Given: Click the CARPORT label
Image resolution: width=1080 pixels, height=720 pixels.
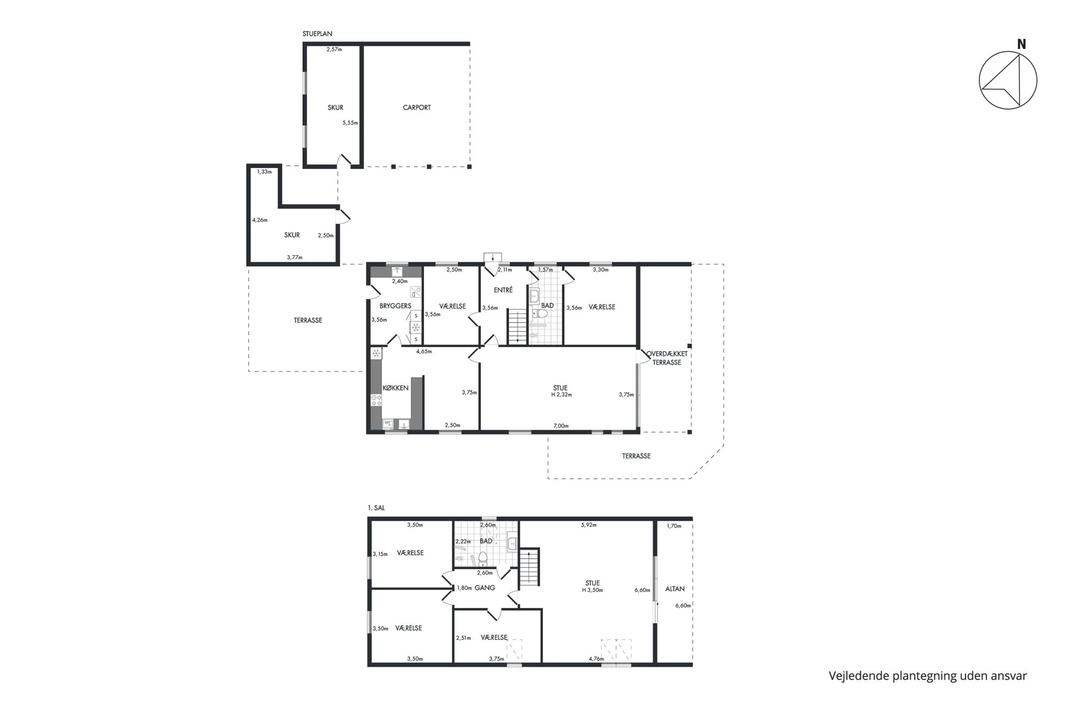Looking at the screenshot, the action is [x=416, y=108].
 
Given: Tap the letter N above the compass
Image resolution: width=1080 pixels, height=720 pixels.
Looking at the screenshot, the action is [x=1021, y=45].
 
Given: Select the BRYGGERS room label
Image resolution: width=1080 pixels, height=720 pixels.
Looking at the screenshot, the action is [x=395, y=306].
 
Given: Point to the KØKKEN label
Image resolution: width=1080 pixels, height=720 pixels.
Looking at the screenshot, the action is [x=395, y=388].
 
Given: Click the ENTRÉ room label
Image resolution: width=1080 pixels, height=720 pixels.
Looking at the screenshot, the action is [x=504, y=290].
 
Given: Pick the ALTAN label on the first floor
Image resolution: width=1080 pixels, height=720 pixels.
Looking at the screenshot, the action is [x=675, y=589].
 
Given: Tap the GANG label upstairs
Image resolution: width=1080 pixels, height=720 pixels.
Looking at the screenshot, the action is [x=484, y=588].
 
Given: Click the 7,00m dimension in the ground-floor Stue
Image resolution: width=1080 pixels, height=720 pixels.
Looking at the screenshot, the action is [x=561, y=426].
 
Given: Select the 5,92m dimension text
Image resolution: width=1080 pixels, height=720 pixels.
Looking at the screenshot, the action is [x=588, y=525].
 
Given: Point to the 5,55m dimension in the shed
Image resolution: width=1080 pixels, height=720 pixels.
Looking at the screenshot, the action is [x=350, y=123].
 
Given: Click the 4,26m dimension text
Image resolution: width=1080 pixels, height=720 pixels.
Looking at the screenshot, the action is [x=260, y=220].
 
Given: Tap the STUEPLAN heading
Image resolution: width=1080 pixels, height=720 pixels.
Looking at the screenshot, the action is [x=317, y=34].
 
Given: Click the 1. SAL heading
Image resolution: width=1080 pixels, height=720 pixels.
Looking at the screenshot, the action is [x=376, y=508].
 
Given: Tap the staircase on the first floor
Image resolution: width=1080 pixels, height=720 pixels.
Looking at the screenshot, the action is [x=529, y=567].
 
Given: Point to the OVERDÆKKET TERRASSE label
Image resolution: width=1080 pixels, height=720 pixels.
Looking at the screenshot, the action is [x=667, y=358].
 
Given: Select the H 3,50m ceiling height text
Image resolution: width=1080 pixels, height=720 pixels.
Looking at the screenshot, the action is [x=592, y=590].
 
